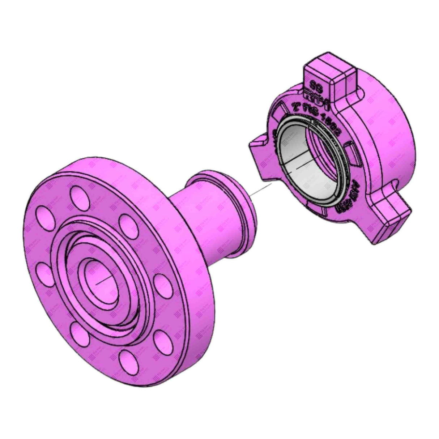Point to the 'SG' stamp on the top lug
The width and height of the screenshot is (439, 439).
point(317,85)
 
